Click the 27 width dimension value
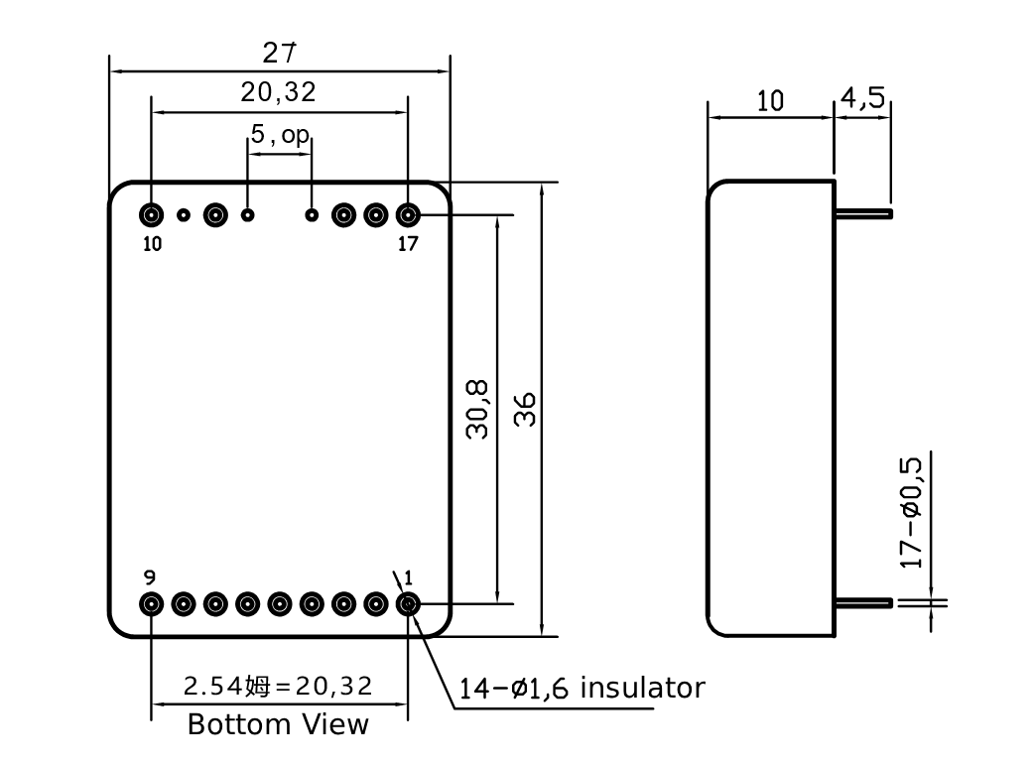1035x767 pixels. tap(279, 53)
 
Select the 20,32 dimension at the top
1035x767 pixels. tap(279, 92)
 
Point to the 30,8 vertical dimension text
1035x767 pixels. tap(477, 409)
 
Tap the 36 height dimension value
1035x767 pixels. tap(525, 409)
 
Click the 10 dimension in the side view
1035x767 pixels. tap(770, 101)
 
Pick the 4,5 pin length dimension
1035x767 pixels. tap(862, 97)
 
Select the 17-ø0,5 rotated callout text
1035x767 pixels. tap(912, 513)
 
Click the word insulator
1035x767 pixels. tap(643, 688)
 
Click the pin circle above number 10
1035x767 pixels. tap(152, 215)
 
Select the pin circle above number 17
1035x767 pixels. tap(408, 215)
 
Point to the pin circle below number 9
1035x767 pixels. tap(152, 604)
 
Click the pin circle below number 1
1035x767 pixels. tap(408, 604)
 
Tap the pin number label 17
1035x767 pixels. tap(408, 244)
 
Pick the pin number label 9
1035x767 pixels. tap(150, 577)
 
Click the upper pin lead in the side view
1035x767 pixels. tap(864, 214)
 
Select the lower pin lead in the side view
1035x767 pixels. tap(864, 602)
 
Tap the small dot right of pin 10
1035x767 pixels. tap(184, 215)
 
